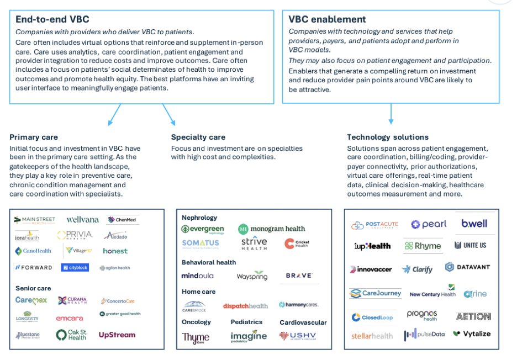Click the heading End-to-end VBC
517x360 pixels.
click(x=52, y=19)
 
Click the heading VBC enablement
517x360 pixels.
click(x=327, y=19)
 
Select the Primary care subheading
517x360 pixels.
click(x=34, y=137)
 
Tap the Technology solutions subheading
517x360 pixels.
click(x=388, y=137)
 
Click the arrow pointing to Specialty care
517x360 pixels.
click(x=169, y=115)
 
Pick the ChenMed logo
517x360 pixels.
click(x=123, y=220)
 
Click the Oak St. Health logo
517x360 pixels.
click(x=72, y=335)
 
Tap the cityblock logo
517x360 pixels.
click(x=75, y=267)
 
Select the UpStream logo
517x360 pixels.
click(x=117, y=335)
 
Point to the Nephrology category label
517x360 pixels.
click(x=199, y=218)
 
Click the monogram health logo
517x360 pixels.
click(x=272, y=229)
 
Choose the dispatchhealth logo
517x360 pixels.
click(x=245, y=305)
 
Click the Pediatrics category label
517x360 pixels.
click(x=246, y=322)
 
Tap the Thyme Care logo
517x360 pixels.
click(x=196, y=337)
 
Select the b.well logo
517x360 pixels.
click(x=474, y=224)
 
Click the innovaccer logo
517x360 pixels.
click(x=371, y=269)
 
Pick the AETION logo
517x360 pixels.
click(x=473, y=316)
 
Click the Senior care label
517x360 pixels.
click(x=33, y=288)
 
